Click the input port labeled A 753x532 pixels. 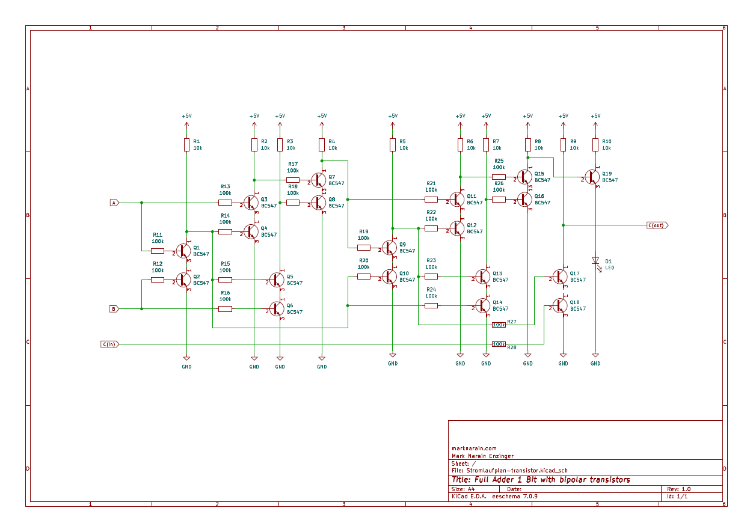[114, 203]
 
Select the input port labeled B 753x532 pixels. [114, 309]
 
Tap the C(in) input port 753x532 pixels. [110, 344]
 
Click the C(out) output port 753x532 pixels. [657, 225]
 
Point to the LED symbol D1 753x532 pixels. [595, 261]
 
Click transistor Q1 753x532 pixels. [184, 251]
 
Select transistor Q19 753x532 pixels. [593, 177]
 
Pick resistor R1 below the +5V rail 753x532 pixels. [186, 144]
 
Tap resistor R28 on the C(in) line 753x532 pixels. [499, 344]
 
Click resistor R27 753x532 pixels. [499, 325]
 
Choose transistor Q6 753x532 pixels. [277, 309]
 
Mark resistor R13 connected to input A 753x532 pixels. [225, 203]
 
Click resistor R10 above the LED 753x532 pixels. [595, 144]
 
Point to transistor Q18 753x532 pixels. [561, 305]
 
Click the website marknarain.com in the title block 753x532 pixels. [474, 448]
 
